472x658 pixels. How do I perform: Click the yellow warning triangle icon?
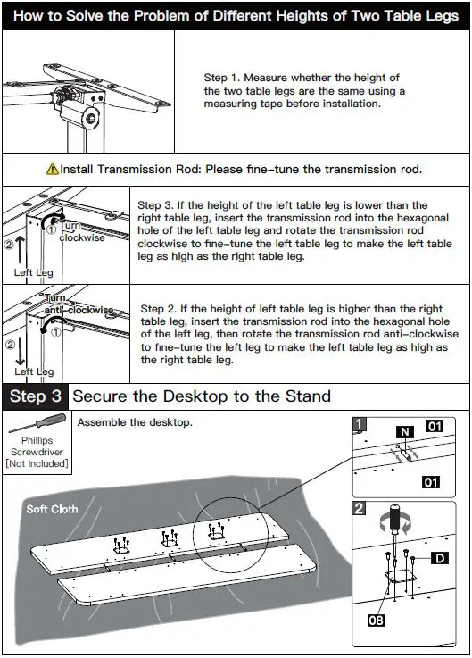point(52,169)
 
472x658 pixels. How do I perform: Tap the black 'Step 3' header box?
point(35,396)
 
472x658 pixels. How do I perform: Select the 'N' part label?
point(405,432)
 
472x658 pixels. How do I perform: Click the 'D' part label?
point(440,558)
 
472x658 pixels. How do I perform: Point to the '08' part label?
point(376,620)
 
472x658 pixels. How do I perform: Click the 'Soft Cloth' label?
point(52,509)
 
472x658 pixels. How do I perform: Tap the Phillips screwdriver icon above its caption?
point(37,422)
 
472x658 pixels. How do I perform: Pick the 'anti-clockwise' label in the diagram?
point(79,310)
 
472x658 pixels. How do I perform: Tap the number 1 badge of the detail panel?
point(359,424)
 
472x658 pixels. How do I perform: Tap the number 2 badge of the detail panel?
point(359,508)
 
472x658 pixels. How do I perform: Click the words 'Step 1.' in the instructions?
point(222,78)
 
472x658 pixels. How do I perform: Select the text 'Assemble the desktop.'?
point(135,422)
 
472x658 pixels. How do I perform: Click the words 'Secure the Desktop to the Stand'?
point(202,396)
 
